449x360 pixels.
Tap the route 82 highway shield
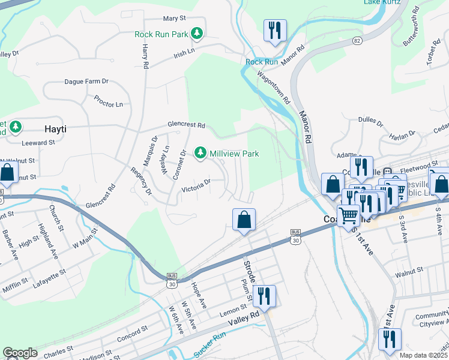point(357,40)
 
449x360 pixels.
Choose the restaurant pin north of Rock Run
point(275,30)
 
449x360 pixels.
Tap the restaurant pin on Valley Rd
point(264,296)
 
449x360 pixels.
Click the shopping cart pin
point(348,214)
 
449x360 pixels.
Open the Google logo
point(20,353)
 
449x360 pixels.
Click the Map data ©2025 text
point(423,355)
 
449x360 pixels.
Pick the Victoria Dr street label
point(197,185)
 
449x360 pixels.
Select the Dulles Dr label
point(370,122)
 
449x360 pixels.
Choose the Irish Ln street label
point(184,53)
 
